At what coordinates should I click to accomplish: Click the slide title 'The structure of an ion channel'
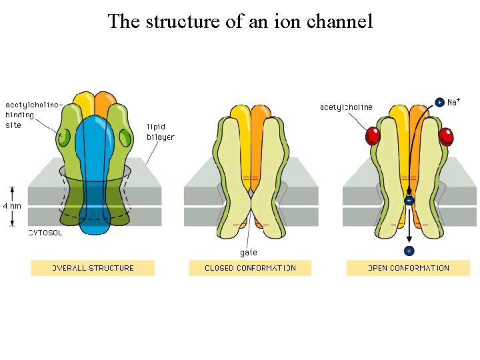[x=240, y=21]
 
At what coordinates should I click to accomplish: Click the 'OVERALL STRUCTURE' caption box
[x=93, y=268]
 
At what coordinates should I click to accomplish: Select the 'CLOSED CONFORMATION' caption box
[x=250, y=268]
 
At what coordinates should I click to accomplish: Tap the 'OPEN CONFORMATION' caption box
[x=408, y=268]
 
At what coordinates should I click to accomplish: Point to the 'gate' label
[x=248, y=253]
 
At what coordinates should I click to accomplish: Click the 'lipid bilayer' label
[x=160, y=132]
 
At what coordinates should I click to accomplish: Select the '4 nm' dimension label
[x=12, y=206]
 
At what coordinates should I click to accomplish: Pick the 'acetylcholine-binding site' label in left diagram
[x=33, y=115]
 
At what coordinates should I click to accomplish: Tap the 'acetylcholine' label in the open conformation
[x=346, y=107]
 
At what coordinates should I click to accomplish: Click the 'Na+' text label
[x=454, y=102]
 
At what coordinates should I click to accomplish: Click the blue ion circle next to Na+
[x=439, y=102]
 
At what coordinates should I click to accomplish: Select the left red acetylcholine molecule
[x=372, y=136]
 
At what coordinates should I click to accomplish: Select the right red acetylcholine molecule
[x=446, y=136]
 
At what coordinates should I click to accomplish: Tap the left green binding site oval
[x=63, y=138]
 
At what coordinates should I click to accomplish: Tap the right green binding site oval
[x=125, y=138]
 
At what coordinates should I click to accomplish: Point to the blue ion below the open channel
[x=409, y=251]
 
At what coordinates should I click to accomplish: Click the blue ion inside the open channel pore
[x=409, y=200]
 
